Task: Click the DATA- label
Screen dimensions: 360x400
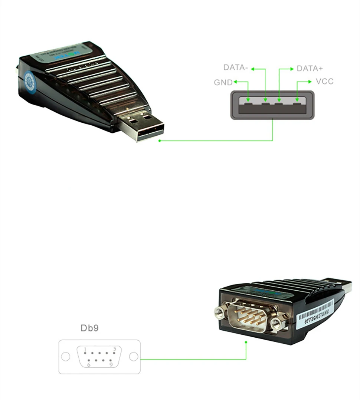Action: [235, 67]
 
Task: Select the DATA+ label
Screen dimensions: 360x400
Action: [310, 69]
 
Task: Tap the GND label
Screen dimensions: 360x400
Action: [223, 82]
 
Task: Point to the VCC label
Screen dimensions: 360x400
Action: [324, 81]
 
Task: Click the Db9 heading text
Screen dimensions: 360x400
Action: [90, 328]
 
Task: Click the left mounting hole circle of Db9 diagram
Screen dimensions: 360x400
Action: [66, 357]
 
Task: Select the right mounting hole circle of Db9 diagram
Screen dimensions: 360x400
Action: [134, 357]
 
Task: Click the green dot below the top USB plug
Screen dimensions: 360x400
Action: [160, 141]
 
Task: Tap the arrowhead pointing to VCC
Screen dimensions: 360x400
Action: [310, 82]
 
